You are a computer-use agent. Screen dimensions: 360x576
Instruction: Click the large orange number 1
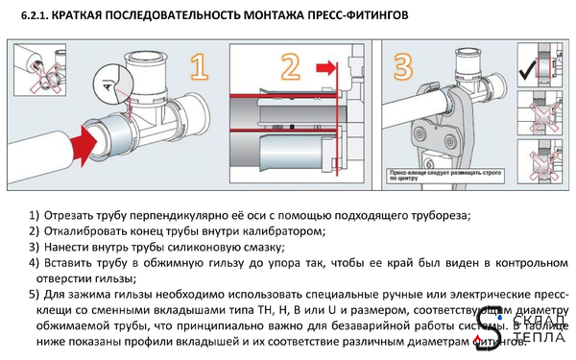point(199,66)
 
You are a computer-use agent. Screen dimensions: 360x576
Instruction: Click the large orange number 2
point(290,67)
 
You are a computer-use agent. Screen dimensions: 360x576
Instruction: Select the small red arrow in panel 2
point(330,67)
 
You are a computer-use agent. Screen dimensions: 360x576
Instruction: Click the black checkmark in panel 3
point(527,71)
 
